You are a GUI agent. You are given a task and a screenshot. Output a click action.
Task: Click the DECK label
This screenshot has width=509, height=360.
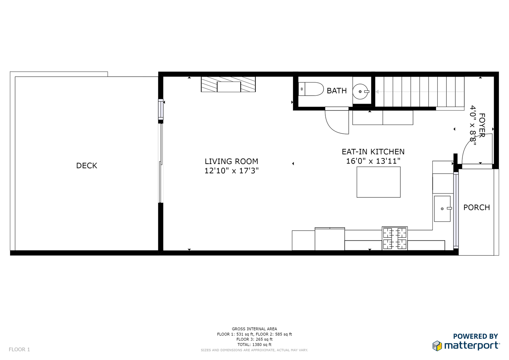pos(87,165)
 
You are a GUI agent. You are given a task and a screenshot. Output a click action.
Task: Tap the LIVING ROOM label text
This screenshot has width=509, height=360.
pos(231,161)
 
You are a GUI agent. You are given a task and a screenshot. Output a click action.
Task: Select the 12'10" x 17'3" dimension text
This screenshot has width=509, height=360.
pos(232,171)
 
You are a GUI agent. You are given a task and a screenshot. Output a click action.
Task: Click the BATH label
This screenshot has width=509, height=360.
pos(337,91)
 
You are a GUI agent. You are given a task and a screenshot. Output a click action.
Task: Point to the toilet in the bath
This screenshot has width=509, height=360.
pos(311,89)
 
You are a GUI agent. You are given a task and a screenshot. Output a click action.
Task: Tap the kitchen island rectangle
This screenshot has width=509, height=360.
pos(379,182)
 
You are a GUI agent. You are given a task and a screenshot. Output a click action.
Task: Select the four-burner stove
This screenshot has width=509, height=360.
pos(395,238)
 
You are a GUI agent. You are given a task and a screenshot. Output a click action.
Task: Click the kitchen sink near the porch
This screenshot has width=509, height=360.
pos(442,209)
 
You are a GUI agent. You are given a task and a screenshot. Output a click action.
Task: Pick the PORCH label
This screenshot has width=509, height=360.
pos(477,207)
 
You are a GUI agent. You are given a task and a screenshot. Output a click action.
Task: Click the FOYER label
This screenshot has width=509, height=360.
pos(482,125)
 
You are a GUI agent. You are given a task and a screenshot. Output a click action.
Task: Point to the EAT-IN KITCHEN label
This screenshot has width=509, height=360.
pos(373,152)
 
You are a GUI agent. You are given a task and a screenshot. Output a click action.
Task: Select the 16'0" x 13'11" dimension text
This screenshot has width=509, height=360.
pos(373,161)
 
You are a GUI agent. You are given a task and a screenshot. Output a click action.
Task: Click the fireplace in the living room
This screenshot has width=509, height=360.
pos(228,84)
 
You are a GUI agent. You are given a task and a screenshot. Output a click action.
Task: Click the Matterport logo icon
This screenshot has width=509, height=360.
pos(437,346)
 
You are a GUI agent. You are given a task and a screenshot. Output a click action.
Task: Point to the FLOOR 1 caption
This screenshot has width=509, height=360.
pos(19,349)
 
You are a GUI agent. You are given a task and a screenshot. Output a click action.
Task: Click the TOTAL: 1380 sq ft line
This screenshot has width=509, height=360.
pos(254,345)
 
